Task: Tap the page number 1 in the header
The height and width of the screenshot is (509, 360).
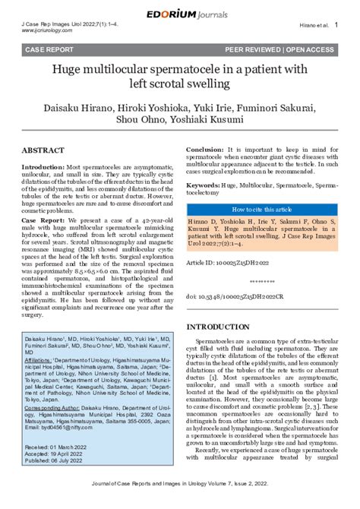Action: pos(336,25)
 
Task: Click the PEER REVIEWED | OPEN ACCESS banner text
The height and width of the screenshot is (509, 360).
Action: pos(279,49)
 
